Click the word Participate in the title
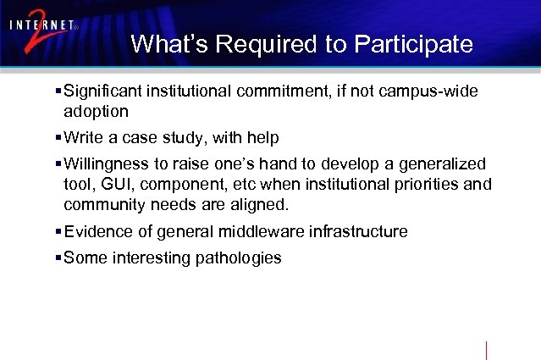click(x=414, y=44)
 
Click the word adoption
click(x=96, y=111)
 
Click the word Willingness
click(x=108, y=163)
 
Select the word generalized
click(x=441, y=163)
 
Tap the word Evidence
click(x=97, y=231)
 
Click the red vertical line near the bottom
click(x=487, y=351)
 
